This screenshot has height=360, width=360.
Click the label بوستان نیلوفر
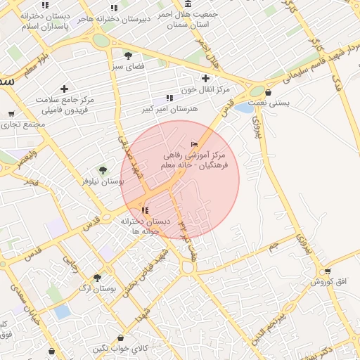click(x=103, y=181)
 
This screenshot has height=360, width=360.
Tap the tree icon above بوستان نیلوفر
click(x=103, y=169)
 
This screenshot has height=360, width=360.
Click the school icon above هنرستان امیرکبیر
click(x=169, y=98)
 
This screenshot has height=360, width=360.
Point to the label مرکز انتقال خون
click(x=205, y=89)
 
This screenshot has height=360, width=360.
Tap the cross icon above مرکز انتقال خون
click(x=205, y=78)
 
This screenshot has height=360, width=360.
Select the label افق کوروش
click(x=327, y=282)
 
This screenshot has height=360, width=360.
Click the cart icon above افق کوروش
click(x=327, y=271)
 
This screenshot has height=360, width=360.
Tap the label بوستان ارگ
click(x=97, y=289)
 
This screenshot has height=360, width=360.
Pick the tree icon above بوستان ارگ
click(x=97, y=278)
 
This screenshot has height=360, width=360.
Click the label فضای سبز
click(x=127, y=67)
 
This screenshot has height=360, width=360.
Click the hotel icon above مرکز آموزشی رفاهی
click(x=195, y=144)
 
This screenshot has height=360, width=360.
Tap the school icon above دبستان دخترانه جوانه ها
click(x=145, y=210)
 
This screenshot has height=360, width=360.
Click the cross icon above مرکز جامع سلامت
click(x=65, y=89)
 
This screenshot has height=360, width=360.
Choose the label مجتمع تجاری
click(x=22, y=124)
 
